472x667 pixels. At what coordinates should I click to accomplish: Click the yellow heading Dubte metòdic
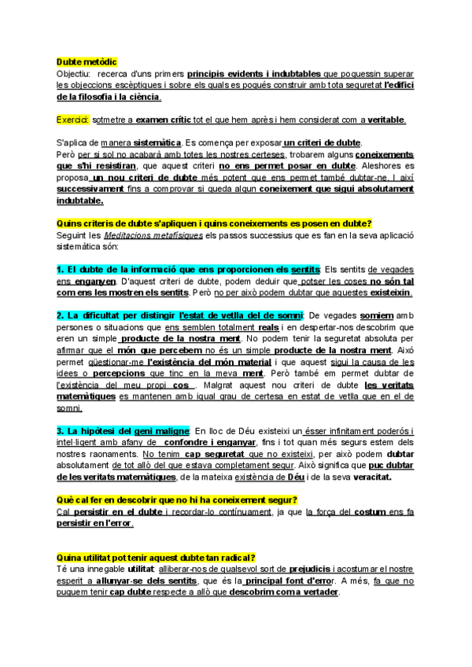pos(87,61)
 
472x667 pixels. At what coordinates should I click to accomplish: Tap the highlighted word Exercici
pos(73,120)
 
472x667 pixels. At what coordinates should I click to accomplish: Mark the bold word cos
pos(181,385)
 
